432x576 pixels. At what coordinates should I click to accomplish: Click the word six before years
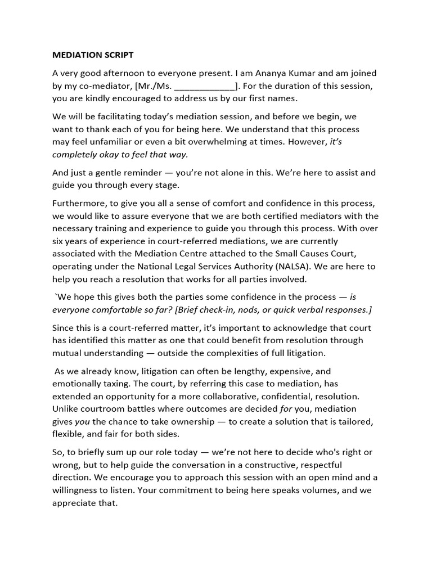59,240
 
